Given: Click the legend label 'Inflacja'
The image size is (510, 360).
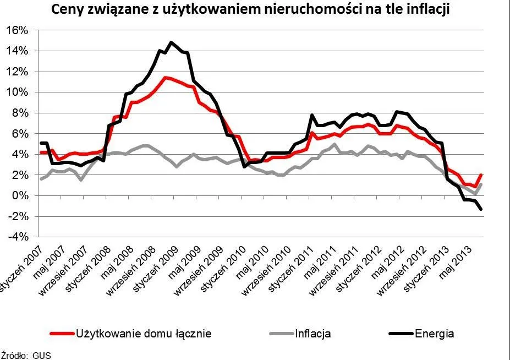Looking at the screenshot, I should pos(313,334).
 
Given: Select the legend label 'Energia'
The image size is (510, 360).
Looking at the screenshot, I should pos(435,334).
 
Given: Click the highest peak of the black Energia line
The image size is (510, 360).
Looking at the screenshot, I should pos(171,42).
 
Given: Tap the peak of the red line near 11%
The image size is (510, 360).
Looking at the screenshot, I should pos(165,78).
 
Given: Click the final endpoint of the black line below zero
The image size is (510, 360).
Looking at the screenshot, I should pos(481,209).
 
